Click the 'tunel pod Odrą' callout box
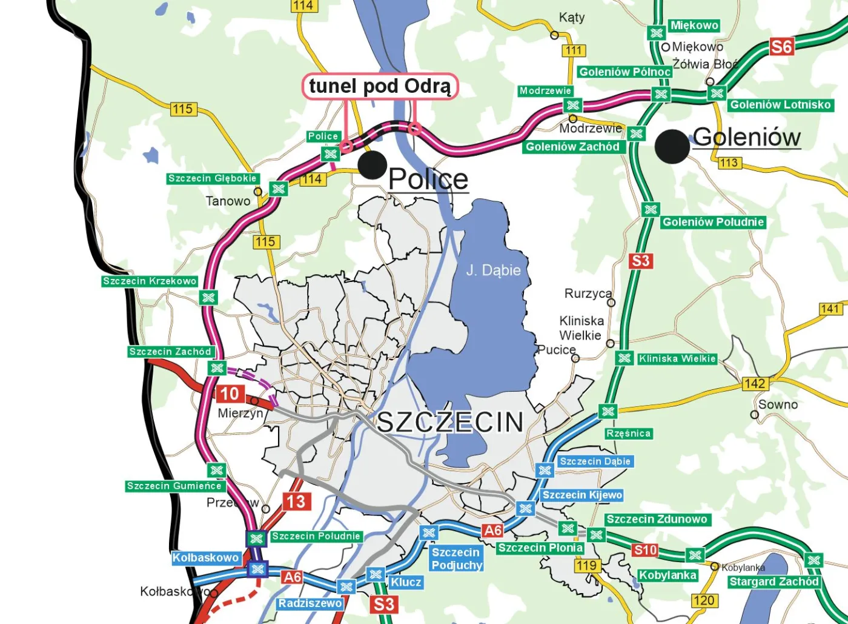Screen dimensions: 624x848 (x=380, y=86)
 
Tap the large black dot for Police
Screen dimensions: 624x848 (x=373, y=164)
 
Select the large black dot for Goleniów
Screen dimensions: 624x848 (x=672, y=146)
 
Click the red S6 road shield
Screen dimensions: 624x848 (x=781, y=47)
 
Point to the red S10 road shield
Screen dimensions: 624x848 (x=644, y=550)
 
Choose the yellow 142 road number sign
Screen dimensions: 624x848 (x=755, y=383)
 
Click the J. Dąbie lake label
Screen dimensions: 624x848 (x=493, y=270)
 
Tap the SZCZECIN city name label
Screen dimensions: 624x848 (x=450, y=422)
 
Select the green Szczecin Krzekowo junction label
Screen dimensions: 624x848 (x=150, y=281)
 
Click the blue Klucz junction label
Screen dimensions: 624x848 (x=405, y=582)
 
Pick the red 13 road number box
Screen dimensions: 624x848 (x=296, y=502)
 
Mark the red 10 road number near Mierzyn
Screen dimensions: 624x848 (x=230, y=394)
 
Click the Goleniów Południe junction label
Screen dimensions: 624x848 (x=713, y=222)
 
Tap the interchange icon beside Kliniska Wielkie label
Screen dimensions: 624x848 (x=624, y=358)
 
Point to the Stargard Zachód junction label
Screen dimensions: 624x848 (x=773, y=582)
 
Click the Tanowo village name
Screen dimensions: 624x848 (x=228, y=201)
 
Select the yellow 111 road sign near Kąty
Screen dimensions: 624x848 (x=574, y=51)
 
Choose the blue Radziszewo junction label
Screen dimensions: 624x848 (x=310, y=603)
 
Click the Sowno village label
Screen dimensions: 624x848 (x=778, y=404)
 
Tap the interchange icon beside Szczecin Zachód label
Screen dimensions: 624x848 (x=216, y=368)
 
